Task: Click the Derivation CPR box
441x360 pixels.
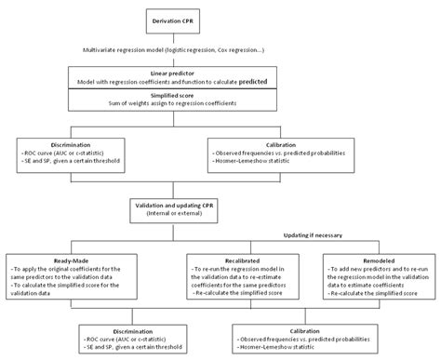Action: [220, 20]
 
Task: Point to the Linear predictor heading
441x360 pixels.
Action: [220, 72]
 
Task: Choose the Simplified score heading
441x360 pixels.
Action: [220, 96]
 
